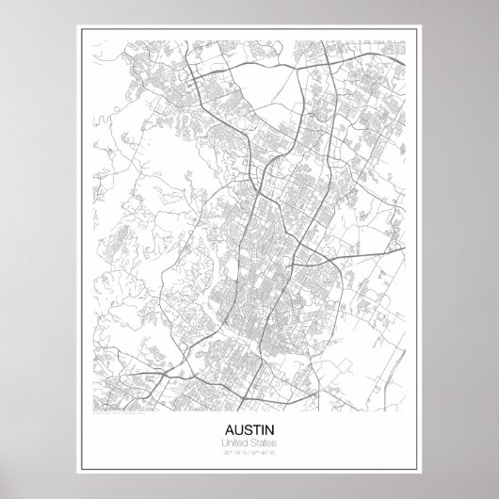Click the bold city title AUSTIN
pos(249,426)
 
